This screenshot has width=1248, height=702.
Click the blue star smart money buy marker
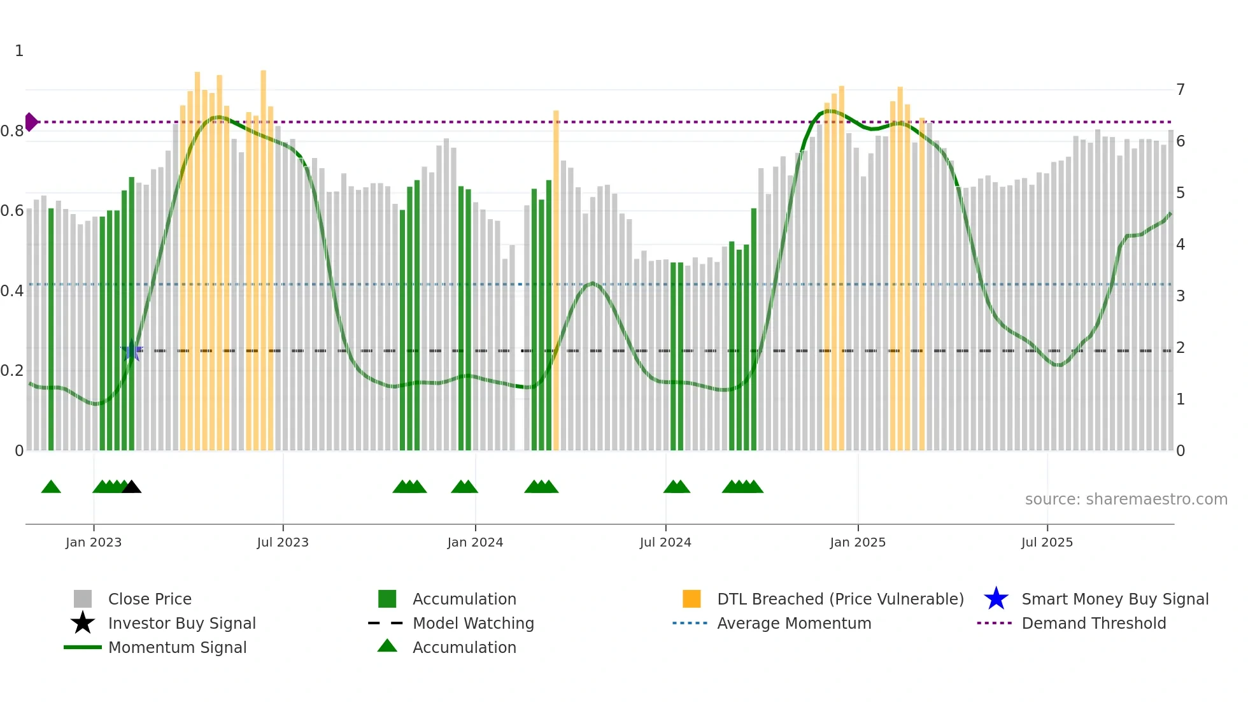(x=132, y=350)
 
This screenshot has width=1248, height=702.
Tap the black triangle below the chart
(x=131, y=487)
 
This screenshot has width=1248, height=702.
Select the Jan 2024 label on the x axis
(x=475, y=542)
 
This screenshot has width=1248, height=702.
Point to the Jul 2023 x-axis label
(x=283, y=542)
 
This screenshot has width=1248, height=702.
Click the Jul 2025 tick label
(x=1047, y=542)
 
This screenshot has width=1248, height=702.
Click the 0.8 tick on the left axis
(x=12, y=131)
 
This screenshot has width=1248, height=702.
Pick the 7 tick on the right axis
(x=1180, y=89)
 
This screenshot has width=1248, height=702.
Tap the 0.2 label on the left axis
(x=12, y=371)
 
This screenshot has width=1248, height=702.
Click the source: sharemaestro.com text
(x=1126, y=499)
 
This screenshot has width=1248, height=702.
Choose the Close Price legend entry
(x=150, y=599)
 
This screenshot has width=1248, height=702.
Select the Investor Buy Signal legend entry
(x=181, y=623)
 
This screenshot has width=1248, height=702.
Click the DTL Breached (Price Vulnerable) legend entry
(x=840, y=599)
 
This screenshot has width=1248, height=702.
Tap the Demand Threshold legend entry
(x=1093, y=623)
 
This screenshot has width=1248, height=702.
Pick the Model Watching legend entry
(x=473, y=623)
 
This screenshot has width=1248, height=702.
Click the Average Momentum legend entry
(x=793, y=623)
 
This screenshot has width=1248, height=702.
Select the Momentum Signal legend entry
(x=177, y=647)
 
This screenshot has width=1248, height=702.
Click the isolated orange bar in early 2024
(x=556, y=280)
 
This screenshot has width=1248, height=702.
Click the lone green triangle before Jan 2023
(x=51, y=487)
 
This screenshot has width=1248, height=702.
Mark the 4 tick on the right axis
(x=1180, y=245)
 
